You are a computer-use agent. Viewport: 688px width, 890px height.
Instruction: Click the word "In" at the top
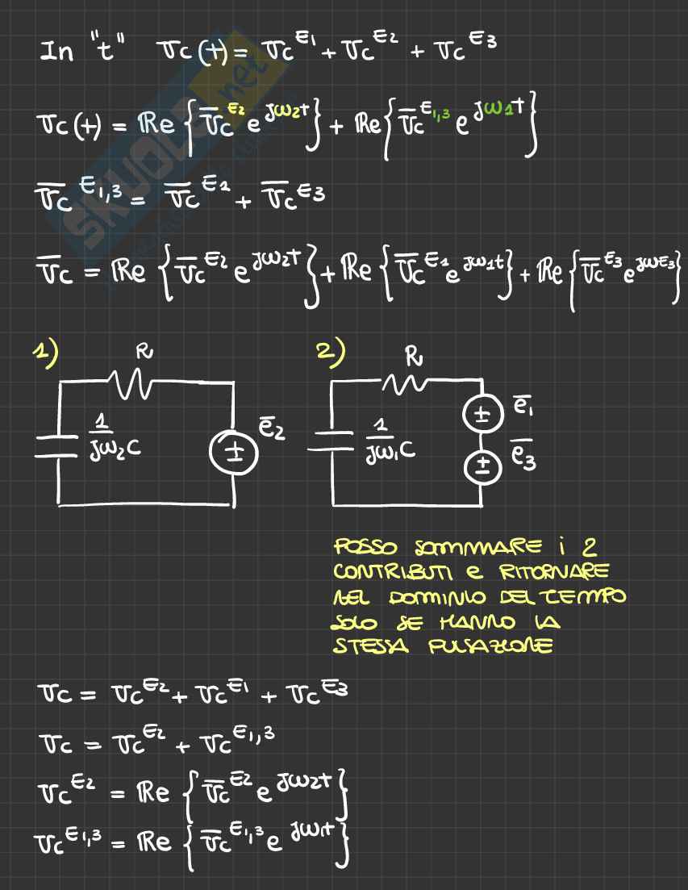pyautogui.click(x=57, y=52)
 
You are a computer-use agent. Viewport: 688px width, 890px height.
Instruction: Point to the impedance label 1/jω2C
pyautogui.click(x=114, y=437)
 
